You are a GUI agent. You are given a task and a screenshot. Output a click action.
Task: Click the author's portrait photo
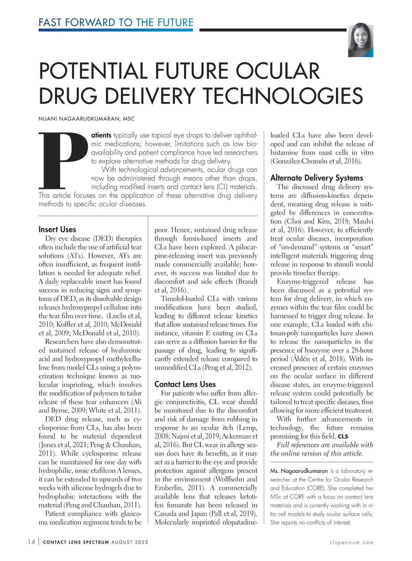[x=360, y=41]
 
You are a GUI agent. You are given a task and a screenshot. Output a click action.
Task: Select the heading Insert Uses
[x=57, y=229]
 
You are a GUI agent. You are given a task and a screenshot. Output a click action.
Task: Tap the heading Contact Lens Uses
[x=185, y=384]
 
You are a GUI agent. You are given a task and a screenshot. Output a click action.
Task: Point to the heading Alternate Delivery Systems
[x=316, y=178]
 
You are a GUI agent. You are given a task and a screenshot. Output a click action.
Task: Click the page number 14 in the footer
[x=31, y=542]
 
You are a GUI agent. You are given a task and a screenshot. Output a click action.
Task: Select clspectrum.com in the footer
[x=351, y=542]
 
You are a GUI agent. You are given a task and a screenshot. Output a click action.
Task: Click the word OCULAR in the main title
[x=277, y=71]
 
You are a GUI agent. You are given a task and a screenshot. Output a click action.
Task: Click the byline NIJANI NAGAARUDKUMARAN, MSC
[x=87, y=119]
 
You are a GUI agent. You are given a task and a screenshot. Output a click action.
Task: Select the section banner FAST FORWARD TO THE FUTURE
[x=116, y=23]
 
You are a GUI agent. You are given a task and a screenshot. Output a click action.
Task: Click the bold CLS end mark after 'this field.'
[x=343, y=437]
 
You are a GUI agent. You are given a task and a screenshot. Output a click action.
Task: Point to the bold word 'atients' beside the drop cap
[x=101, y=135]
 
